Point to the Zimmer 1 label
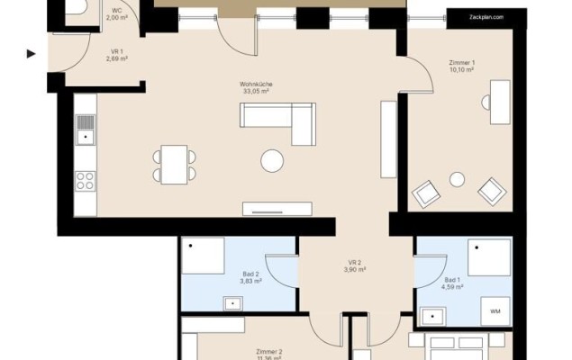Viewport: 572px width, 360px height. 461,62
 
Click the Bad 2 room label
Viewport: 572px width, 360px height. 250,274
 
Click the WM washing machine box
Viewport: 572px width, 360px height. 495,310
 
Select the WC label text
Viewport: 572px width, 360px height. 117,10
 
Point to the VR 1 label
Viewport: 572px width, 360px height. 117,51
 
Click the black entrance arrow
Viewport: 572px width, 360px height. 31,54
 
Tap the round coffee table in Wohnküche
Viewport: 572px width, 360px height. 271,161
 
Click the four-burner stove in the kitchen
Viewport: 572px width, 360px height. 86,179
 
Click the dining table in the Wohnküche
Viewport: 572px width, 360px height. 175,164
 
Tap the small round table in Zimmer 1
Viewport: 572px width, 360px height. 457,179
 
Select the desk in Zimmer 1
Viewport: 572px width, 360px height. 498,103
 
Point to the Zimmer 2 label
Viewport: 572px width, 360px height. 268,352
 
